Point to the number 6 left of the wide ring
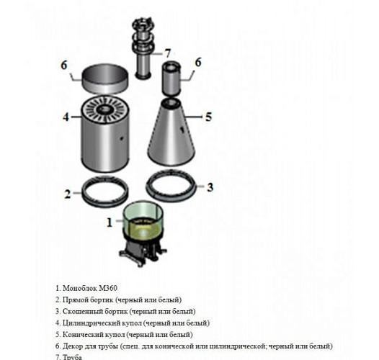click(64, 65)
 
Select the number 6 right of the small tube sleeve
click(199, 63)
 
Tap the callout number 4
click(65, 116)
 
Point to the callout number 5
click(209, 116)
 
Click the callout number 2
click(67, 193)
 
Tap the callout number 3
click(210, 187)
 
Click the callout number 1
click(110, 222)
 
